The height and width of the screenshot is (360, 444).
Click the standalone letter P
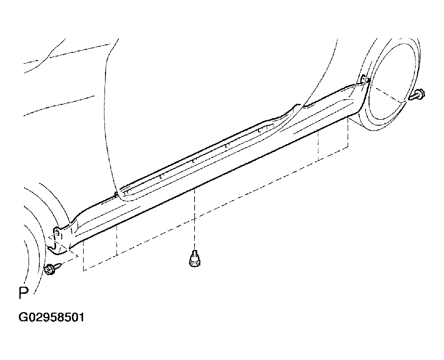click(23, 293)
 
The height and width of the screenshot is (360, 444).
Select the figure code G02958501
click(51, 317)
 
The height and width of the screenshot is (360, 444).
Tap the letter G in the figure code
click(22, 317)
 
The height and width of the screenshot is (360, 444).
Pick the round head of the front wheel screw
click(49, 270)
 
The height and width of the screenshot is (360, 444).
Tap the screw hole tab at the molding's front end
click(57, 232)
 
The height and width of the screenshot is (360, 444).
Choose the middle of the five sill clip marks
click(193, 161)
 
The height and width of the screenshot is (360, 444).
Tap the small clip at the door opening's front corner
click(116, 195)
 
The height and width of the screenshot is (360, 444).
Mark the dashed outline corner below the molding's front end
click(83, 270)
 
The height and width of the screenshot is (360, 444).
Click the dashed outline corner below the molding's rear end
click(348, 147)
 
